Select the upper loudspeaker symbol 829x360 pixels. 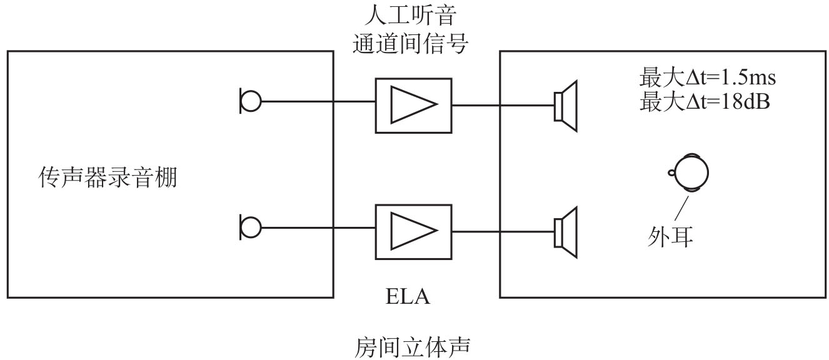(566, 106)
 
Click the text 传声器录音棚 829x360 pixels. (108, 179)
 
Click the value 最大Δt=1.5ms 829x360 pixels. (707, 79)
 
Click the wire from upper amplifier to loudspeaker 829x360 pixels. (503, 106)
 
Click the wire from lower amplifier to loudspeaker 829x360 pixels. (503, 231)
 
